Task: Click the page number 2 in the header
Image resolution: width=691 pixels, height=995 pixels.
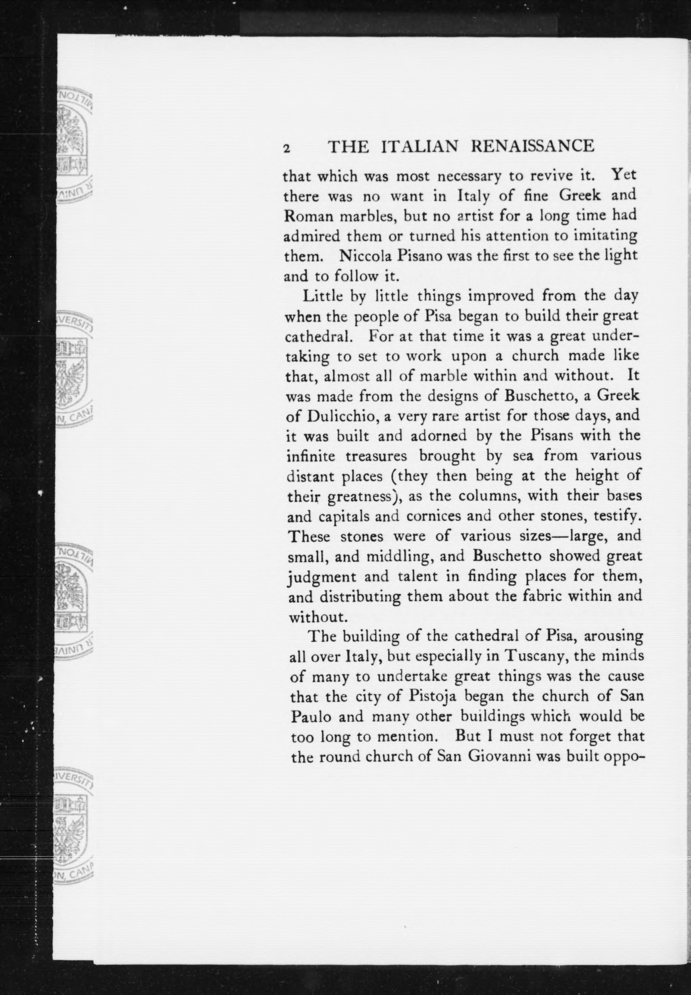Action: tap(286, 148)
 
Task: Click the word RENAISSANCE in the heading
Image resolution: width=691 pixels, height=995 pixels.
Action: tap(532, 147)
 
